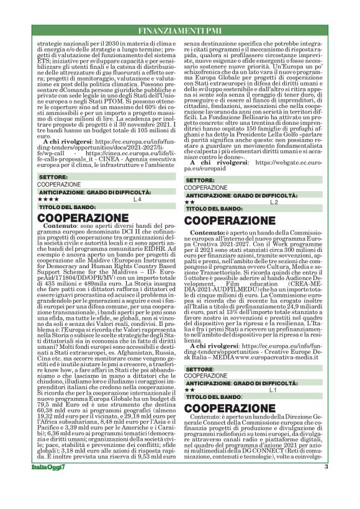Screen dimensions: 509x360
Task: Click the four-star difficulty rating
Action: click(x=48, y=200)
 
